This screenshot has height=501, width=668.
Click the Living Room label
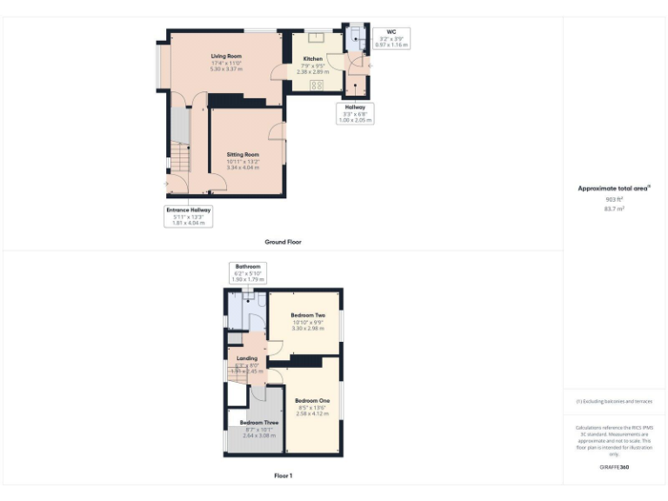226,56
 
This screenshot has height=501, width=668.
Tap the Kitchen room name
312,59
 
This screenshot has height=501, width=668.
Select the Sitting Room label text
244,154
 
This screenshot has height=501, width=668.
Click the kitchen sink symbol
316,38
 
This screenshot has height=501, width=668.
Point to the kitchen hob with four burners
316,84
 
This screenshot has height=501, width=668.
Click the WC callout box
391,37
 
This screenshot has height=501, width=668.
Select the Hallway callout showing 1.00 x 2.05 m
355,113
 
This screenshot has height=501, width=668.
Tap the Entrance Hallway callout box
189,216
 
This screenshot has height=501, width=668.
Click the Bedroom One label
312,400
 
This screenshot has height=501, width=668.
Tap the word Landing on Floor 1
247,357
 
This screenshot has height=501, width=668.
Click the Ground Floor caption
283,241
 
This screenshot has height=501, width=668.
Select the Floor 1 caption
283,476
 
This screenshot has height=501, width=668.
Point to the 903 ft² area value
614,199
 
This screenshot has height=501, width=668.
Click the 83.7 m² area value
614,209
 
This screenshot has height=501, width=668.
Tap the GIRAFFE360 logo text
614,467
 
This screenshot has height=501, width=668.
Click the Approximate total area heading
614,188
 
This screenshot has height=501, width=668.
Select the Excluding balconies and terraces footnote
614,401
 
